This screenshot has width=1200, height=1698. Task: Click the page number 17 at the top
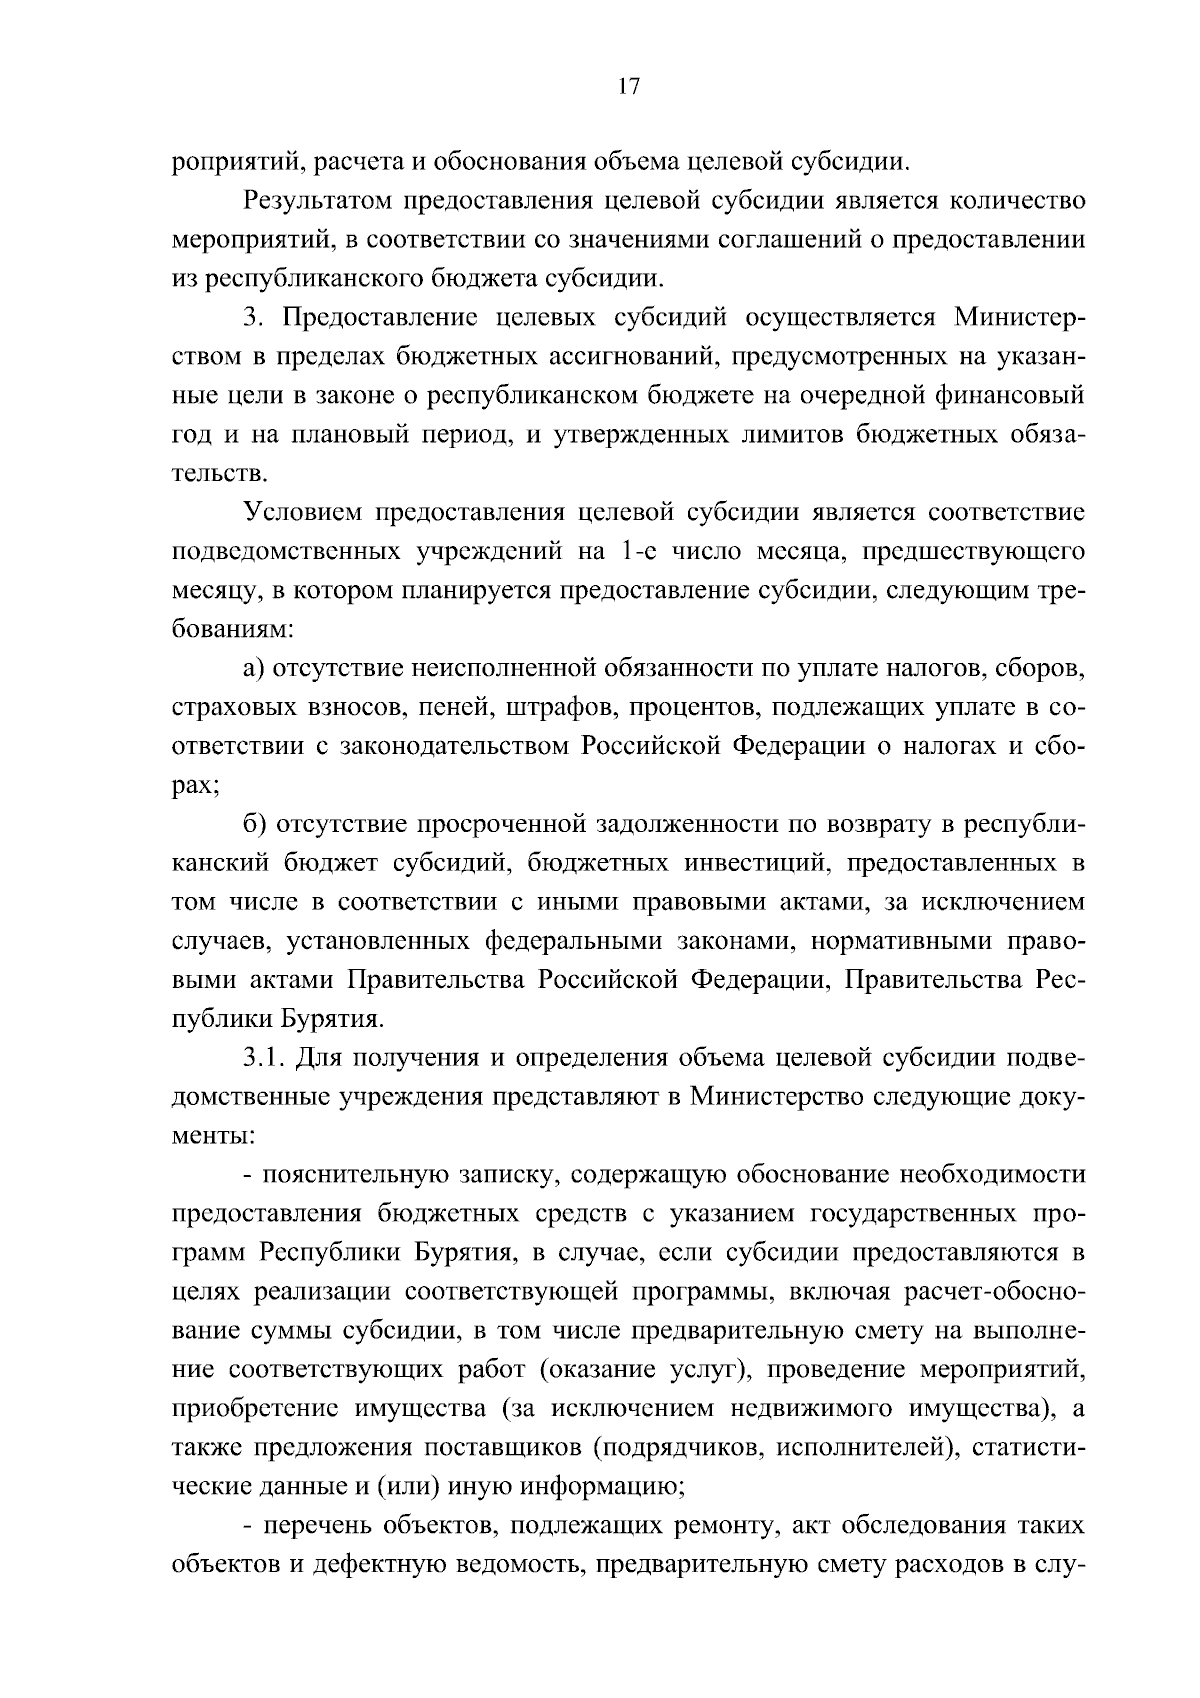628,87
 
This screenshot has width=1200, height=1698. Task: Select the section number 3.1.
264,1058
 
